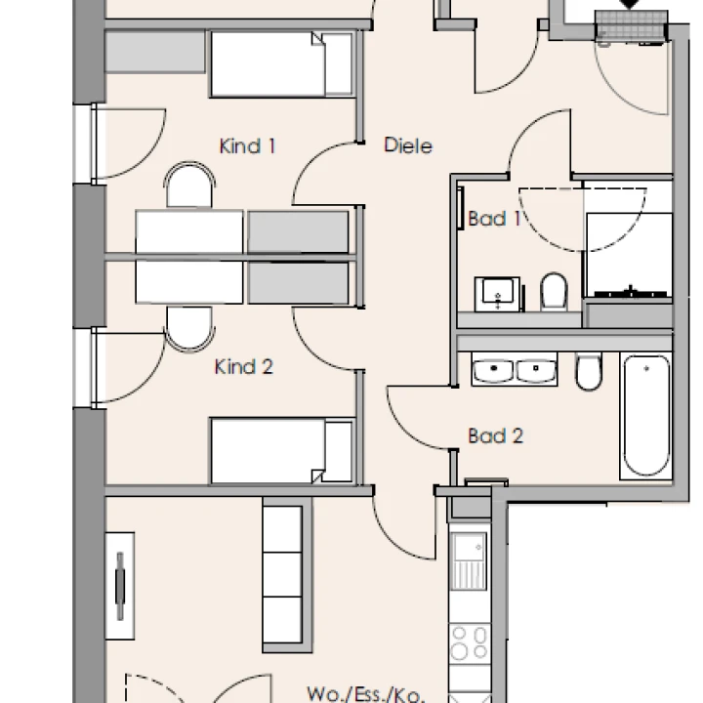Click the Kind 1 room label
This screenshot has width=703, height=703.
point(247,146)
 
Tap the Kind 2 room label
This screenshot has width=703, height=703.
point(244,367)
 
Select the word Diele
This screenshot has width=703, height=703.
point(408,145)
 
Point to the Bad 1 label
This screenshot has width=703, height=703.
point(494,219)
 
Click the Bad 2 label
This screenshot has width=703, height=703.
point(495,435)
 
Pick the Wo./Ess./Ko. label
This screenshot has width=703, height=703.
point(365,694)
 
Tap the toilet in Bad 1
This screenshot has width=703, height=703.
point(555,291)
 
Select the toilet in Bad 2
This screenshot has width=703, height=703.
point(589,371)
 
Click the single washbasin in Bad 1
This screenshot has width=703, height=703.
point(498,294)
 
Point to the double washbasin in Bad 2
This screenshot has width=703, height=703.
point(515,369)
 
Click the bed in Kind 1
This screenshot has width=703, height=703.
point(281,64)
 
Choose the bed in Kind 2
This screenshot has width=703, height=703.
point(281,451)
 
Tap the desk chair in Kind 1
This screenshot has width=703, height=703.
point(189,185)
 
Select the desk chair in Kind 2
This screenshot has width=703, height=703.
point(189,329)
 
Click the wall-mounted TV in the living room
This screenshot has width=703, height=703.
point(120,586)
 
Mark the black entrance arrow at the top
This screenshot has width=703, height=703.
point(630,4)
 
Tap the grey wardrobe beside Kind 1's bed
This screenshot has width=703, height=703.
point(155,51)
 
